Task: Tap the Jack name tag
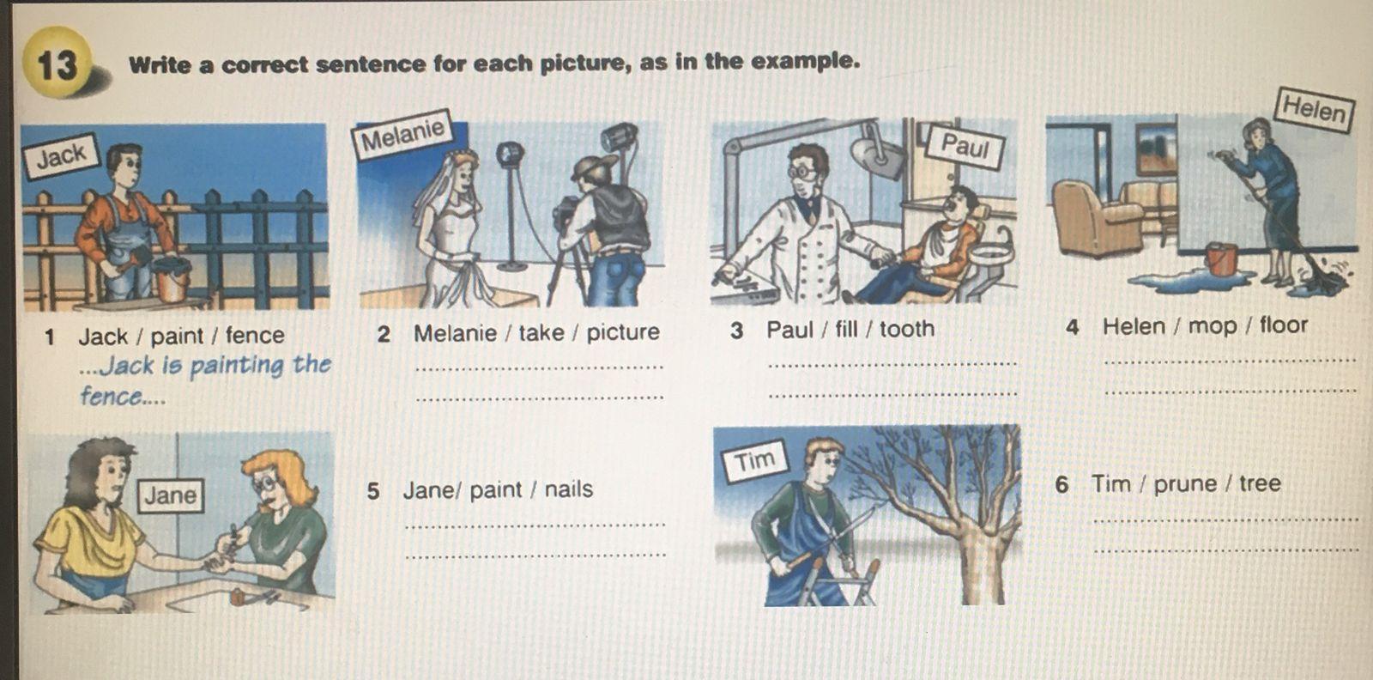[x=61, y=155]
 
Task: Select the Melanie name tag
[x=402, y=135]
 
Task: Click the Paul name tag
[x=965, y=146]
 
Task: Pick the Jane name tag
[x=171, y=495]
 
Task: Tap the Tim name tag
[x=754, y=461]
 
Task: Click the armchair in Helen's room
[x=1096, y=217]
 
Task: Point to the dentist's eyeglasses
[x=803, y=172]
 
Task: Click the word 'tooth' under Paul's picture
[x=907, y=330]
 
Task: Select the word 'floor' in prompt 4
[x=1284, y=325]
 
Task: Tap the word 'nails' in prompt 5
[x=569, y=489]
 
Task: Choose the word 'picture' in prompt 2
[x=623, y=332]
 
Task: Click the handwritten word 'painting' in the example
[x=235, y=366]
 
